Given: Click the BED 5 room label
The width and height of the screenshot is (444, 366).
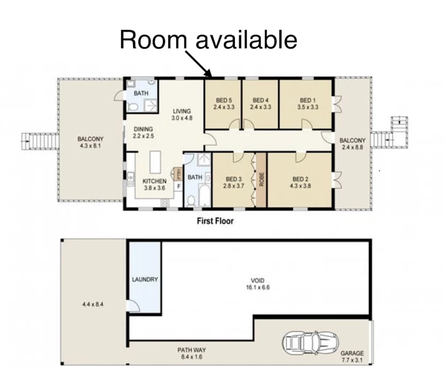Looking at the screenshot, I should coord(224,100).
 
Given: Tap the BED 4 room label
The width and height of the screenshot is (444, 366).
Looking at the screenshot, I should coord(260,100).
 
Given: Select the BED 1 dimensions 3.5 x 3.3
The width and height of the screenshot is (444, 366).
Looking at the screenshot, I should coord(307,107).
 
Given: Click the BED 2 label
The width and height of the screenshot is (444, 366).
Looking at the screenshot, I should coord(301,179).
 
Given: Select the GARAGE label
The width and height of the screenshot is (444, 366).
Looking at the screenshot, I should coord(352,353).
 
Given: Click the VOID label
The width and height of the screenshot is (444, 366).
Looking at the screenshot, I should coord(257,280).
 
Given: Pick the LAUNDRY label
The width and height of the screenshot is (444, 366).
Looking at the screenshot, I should coord(145,279).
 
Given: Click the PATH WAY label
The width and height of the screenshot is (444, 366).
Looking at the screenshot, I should coord(192,350).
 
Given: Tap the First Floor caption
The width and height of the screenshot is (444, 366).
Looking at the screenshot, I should coord(214,220).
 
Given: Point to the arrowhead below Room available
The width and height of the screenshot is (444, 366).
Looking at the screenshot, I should coord(210,75).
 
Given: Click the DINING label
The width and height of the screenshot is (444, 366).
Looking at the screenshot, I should coord(143,129).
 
